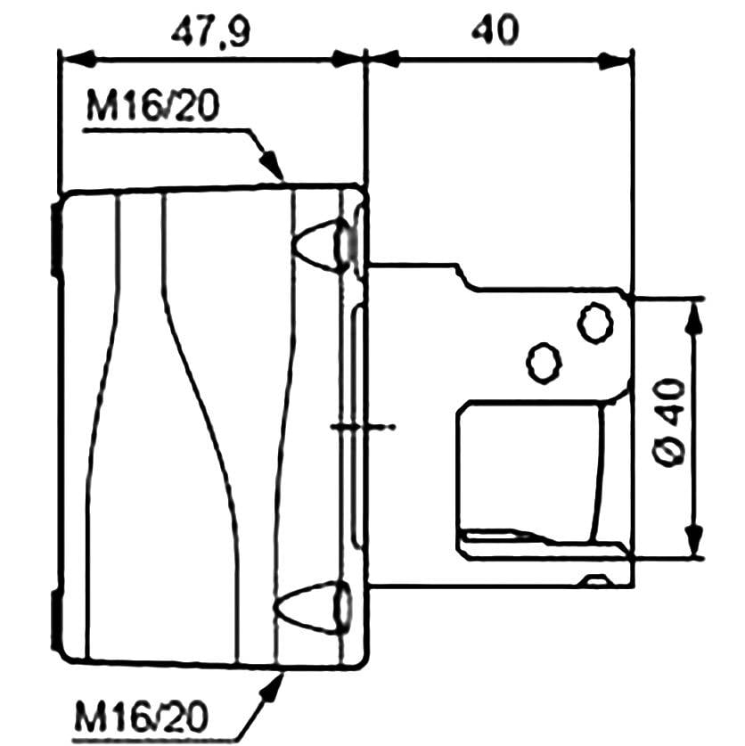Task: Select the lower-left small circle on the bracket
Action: point(543,361)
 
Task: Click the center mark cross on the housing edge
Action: point(356,427)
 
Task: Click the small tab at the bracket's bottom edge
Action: point(599,581)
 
